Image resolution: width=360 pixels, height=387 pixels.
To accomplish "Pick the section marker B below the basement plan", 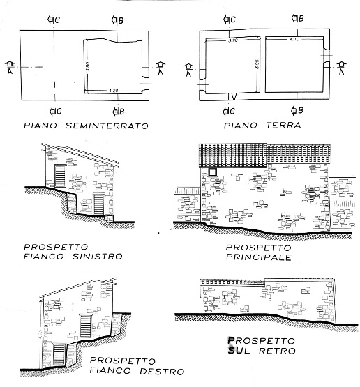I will (119, 111).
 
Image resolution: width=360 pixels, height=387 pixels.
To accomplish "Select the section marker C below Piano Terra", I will (228, 111).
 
